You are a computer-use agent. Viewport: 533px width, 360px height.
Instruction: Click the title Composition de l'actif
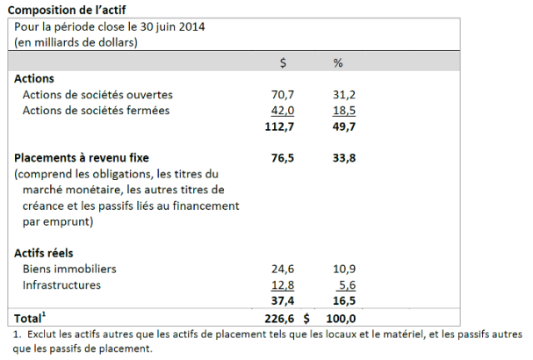pyautogui.click(x=66, y=9)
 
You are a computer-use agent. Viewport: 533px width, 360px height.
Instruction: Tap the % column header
pyautogui.click(x=338, y=62)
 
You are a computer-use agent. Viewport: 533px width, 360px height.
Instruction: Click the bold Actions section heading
pyautogui.click(x=35, y=79)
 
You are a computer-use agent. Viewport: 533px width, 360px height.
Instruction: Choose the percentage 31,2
pyautogui.click(x=338, y=95)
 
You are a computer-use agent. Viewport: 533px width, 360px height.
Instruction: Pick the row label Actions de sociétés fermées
pyautogui.click(x=96, y=111)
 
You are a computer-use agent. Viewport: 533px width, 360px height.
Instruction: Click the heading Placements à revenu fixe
pyautogui.click(x=80, y=158)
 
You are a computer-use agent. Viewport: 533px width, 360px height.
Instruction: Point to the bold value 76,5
pyautogui.click(x=282, y=158)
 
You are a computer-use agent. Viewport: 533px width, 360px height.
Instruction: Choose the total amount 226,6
pyautogui.click(x=278, y=318)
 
